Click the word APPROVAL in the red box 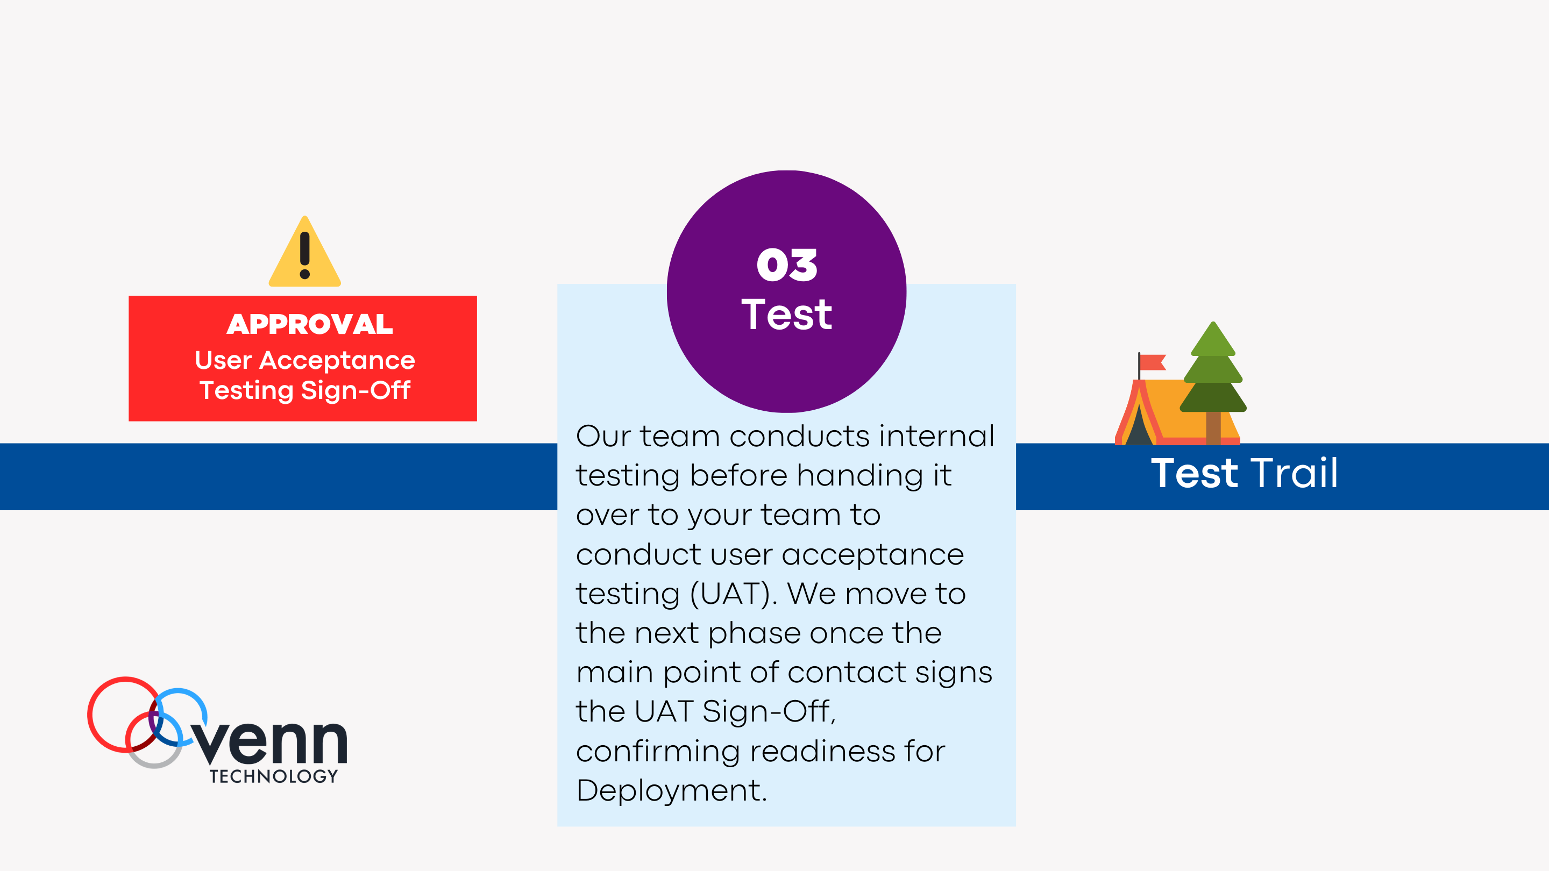click(x=310, y=325)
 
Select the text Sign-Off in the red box click(x=356, y=391)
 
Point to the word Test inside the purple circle click(x=786, y=315)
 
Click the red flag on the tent click(x=1153, y=362)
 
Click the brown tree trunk click(x=1213, y=428)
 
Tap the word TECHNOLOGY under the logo click(x=274, y=776)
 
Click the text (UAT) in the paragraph click(x=730, y=595)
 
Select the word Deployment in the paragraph click(x=672, y=790)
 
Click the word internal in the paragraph click(x=936, y=437)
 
